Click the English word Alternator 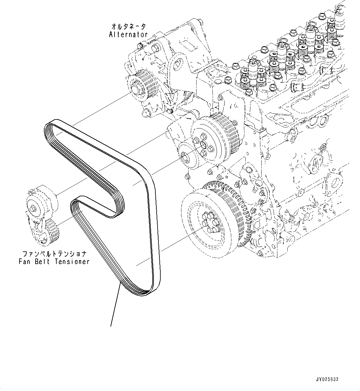[x=128, y=35]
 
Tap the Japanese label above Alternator [x=129, y=27]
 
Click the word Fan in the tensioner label [x=25, y=262]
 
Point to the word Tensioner [x=72, y=262]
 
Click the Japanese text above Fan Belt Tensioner [x=54, y=254]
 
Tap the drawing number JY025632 [x=327, y=379]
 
